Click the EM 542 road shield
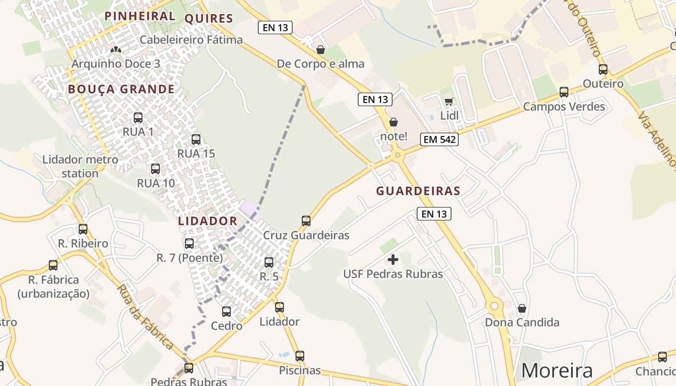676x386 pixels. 439,139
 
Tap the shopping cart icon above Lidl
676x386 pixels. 449,101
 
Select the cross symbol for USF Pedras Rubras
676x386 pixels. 393,260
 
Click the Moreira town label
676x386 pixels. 557,371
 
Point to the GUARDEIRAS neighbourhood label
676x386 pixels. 418,191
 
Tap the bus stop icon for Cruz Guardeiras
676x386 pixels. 306,221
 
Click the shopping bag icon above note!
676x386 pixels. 394,122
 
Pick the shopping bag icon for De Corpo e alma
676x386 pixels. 320,49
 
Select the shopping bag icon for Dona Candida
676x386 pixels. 522,308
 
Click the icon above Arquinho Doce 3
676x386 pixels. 115,49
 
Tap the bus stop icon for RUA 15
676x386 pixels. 196,139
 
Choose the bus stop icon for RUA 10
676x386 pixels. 155,169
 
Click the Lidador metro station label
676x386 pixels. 80,166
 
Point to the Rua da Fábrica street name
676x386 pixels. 145,317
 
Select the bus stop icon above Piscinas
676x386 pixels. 300,356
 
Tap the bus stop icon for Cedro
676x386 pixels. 226,312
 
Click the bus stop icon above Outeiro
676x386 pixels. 603,69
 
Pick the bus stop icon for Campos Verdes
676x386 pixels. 564,92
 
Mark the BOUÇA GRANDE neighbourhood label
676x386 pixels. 121,89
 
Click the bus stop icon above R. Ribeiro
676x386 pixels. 83,229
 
